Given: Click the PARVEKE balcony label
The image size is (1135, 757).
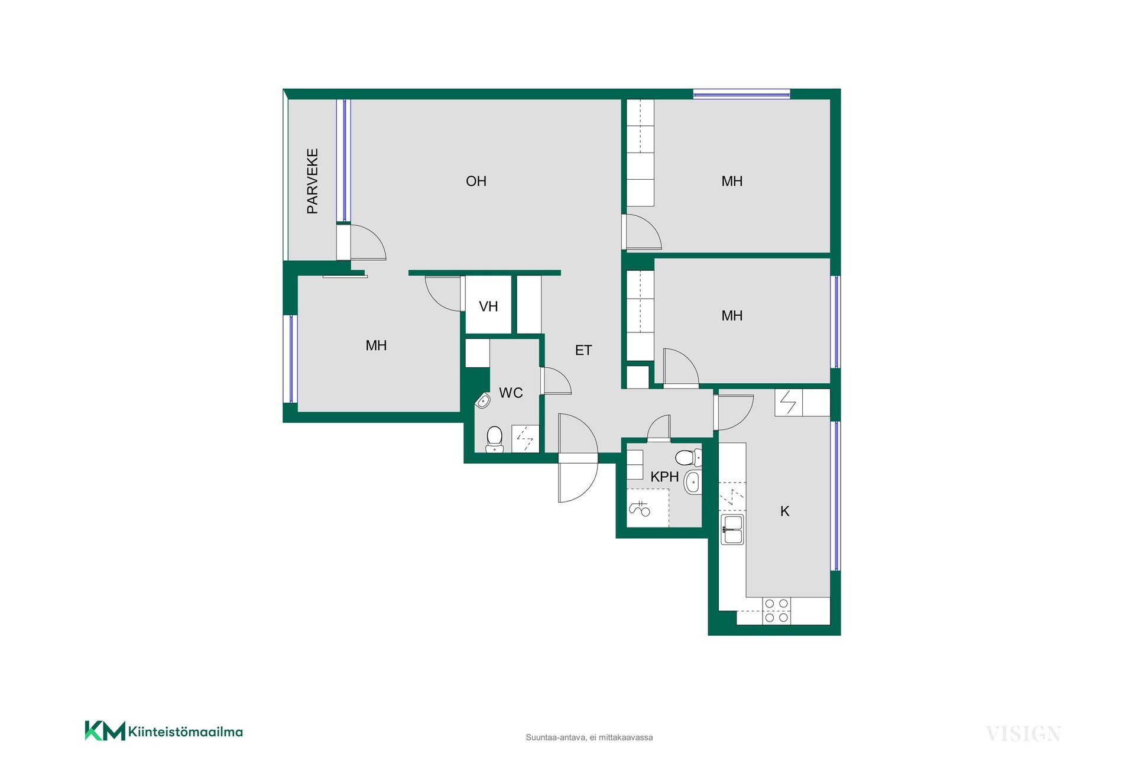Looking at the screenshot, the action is [313, 181].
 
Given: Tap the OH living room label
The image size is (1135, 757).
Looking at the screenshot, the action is [476, 181].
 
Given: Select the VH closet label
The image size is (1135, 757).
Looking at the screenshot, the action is [488, 306].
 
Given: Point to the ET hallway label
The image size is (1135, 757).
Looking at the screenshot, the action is [583, 350].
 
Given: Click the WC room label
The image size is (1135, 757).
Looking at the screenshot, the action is [511, 393].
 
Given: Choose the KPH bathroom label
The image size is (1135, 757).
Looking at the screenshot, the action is [664, 477].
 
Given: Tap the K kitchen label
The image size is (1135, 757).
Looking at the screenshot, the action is [785, 511].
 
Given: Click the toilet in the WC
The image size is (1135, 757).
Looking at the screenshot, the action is [494, 439].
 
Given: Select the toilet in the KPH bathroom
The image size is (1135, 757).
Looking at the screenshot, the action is [688, 457].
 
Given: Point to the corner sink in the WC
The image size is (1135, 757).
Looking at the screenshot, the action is [483, 401].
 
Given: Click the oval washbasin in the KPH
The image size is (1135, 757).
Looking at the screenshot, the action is [693, 482].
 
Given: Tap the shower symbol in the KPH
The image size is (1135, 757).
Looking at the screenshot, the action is [640, 508].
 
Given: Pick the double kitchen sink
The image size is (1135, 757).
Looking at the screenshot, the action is [732, 529].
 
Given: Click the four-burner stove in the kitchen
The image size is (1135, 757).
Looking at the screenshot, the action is [777, 610].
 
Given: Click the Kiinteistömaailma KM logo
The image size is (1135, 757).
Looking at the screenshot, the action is [164, 731].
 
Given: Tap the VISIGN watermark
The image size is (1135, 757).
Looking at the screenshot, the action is [1023, 734].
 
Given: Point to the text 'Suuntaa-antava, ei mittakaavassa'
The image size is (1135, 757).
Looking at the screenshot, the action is [589, 737].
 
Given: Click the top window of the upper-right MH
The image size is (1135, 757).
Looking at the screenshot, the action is [741, 93].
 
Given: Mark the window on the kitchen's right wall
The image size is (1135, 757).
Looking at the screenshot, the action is [835, 496].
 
